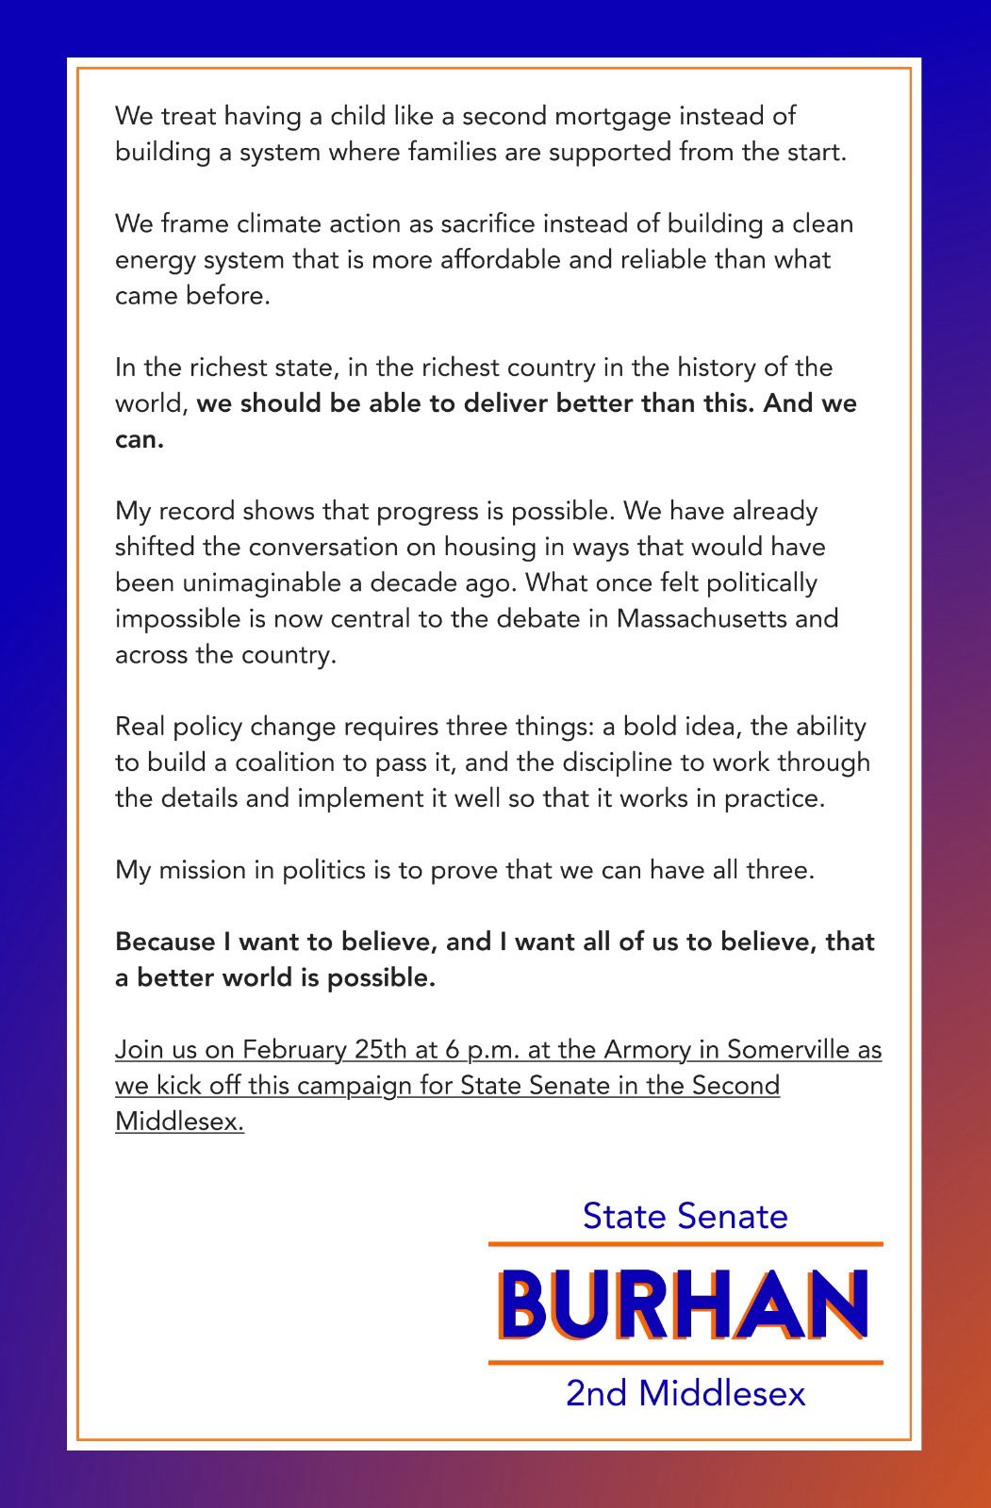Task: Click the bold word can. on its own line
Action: tap(139, 440)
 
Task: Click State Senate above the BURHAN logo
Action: tap(685, 1216)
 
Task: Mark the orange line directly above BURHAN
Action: tap(685, 1245)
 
